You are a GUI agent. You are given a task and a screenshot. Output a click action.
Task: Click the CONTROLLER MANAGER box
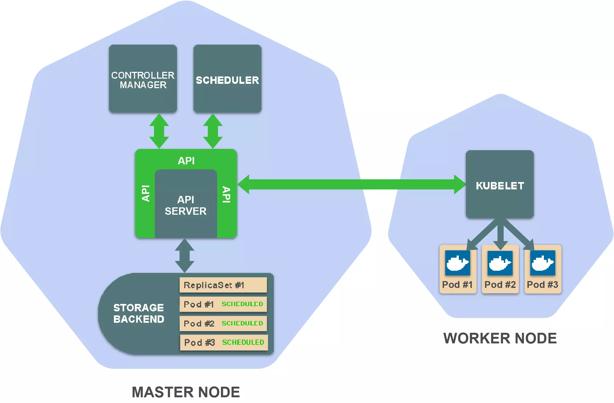pos(143,79)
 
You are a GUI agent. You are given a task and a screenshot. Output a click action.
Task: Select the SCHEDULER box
pos(227,79)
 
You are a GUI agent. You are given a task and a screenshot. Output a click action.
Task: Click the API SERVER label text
pos(186,205)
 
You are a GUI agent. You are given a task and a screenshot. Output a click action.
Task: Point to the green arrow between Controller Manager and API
pos(159,131)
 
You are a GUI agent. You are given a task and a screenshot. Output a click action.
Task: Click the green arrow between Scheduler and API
pos(213,131)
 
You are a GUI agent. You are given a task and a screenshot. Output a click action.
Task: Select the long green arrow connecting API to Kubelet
pos(351,184)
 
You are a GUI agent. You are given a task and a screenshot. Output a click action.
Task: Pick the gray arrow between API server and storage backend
pos(185,256)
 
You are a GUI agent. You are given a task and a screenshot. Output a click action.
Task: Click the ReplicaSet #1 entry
pos(223,285)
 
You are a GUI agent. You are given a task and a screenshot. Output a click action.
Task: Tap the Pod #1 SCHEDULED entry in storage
pos(223,304)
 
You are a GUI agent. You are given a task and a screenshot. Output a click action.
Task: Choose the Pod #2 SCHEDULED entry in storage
pos(223,323)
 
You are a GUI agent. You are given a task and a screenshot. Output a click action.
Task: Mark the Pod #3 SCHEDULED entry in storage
pos(224,342)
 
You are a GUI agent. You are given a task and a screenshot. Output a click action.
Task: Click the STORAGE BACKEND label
pos(139,313)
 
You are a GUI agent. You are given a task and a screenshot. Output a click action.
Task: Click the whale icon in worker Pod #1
pos(458,263)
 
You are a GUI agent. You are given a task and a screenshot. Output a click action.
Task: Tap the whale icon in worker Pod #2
pos(500,263)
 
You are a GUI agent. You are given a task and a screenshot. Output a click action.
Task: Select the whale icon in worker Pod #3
pos(543,263)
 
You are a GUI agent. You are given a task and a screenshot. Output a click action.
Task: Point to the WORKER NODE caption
pos(500,338)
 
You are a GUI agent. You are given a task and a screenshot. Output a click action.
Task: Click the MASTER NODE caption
pos(186,392)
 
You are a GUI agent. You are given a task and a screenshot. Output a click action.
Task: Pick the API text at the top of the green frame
pos(186,161)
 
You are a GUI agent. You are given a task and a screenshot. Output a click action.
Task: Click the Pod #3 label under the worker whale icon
pos(543,285)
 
